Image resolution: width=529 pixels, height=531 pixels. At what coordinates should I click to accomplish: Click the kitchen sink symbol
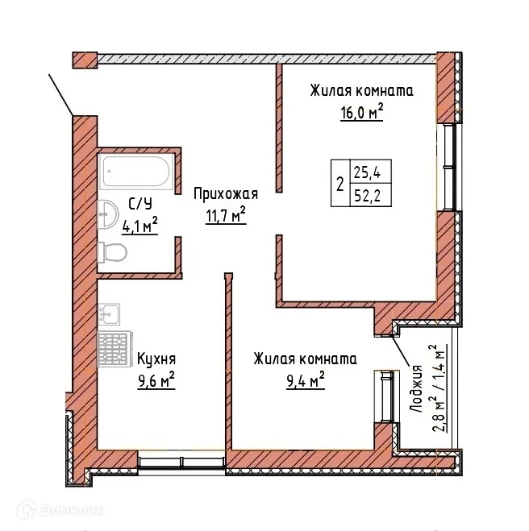[110, 313]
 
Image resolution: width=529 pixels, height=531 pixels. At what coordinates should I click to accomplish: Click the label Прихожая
[225, 193]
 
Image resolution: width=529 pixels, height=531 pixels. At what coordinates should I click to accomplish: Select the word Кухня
[156, 359]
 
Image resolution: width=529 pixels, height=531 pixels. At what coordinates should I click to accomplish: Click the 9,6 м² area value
[156, 380]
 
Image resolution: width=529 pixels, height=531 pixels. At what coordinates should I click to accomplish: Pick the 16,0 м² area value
[360, 112]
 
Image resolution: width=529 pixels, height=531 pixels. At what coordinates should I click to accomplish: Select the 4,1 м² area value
[139, 226]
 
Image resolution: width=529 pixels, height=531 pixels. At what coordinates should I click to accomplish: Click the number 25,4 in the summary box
[364, 172]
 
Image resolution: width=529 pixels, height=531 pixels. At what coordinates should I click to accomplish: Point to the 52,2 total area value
[364, 196]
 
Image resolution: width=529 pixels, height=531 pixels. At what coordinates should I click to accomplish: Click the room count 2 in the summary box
[339, 184]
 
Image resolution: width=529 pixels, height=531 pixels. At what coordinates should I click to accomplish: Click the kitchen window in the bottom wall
[181, 463]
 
